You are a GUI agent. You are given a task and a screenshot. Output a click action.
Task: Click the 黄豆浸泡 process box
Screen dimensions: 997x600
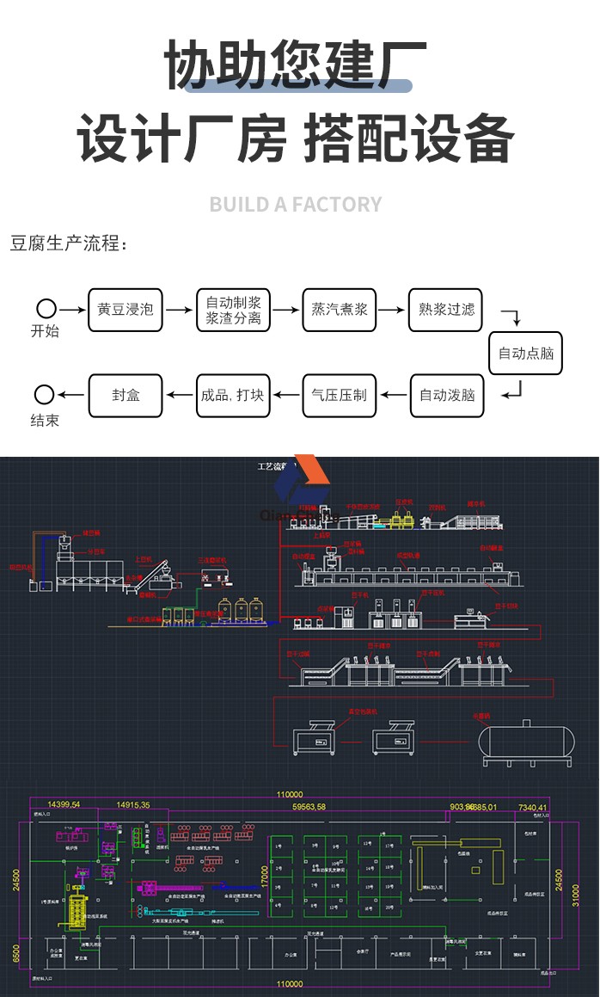click(x=126, y=310)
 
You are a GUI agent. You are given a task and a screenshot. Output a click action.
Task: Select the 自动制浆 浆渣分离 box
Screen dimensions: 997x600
click(x=233, y=310)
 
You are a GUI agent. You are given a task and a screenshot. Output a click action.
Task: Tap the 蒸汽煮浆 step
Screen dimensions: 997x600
click(x=340, y=310)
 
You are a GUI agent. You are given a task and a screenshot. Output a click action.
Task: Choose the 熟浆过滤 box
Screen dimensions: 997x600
click(x=446, y=310)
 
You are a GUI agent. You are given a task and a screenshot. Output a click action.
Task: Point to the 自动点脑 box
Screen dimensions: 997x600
click(x=526, y=353)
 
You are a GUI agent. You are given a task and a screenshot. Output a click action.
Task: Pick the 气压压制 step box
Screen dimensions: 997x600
click(x=339, y=396)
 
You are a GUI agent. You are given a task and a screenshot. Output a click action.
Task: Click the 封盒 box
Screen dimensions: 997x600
click(x=126, y=396)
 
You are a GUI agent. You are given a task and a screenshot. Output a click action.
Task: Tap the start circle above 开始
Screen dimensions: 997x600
click(x=46, y=309)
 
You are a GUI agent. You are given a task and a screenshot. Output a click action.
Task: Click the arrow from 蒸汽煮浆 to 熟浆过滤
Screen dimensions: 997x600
click(x=393, y=310)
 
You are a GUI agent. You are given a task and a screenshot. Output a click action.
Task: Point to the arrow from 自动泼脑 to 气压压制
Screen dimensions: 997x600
click(x=393, y=396)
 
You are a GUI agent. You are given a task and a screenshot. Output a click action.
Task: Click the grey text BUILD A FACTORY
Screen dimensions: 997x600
click(x=296, y=205)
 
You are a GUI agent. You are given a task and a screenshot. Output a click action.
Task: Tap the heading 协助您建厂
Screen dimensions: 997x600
click(x=296, y=65)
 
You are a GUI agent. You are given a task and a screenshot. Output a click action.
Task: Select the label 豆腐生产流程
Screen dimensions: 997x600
click(x=68, y=244)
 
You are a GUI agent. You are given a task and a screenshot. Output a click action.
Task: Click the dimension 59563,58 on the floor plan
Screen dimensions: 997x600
click(x=309, y=807)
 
